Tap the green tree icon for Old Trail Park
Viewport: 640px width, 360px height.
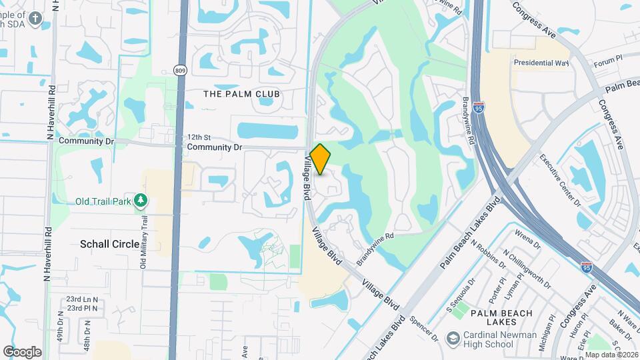click(140, 201)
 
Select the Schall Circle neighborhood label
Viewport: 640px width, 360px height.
click(110, 244)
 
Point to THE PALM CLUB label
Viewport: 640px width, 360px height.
click(241, 94)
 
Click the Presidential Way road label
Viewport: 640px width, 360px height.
click(541, 63)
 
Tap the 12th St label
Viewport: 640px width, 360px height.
click(198, 137)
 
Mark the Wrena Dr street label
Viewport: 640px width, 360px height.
click(529, 239)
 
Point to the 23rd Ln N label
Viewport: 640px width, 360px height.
click(81, 299)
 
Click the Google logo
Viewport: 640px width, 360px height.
click(22, 351)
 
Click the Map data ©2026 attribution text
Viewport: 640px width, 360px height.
click(611, 355)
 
